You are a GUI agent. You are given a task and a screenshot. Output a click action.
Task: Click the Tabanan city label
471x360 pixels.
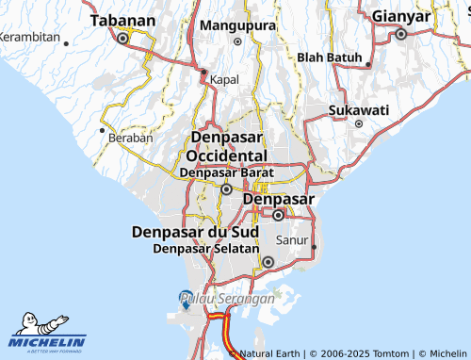pyautogui.click(x=122, y=20)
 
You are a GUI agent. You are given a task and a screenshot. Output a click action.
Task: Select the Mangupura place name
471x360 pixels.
pyautogui.click(x=235, y=26)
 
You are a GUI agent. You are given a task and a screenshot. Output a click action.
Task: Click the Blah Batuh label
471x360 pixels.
pyautogui.click(x=330, y=57)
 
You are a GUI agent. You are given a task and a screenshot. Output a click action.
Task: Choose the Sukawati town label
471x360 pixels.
pyautogui.click(x=359, y=110)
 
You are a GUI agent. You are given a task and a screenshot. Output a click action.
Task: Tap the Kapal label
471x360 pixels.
pyautogui.click(x=225, y=80)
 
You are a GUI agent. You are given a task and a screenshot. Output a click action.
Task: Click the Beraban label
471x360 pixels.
pyautogui.click(x=130, y=138)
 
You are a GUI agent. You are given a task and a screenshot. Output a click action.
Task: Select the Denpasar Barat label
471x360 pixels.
pyautogui.click(x=226, y=172)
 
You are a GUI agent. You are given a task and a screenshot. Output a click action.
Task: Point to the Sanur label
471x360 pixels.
pyautogui.click(x=291, y=239)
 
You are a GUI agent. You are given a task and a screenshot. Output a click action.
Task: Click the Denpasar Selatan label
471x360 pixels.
pyautogui.click(x=205, y=249)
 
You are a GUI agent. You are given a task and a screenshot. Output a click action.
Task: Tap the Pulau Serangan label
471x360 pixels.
pyautogui.click(x=229, y=299)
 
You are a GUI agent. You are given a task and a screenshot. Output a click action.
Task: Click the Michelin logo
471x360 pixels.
pyautogui.click(x=47, y=335)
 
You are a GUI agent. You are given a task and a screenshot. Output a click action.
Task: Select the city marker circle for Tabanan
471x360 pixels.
pyautogui.click(x=122, y=39)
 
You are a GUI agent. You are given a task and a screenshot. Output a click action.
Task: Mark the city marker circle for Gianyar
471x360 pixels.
pyautogui.click(x=400, y=34)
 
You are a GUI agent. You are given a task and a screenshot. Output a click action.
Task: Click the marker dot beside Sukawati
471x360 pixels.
pyautogui.click(x=359, y=123)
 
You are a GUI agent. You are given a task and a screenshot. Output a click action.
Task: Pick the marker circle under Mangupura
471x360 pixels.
pyautogui.click(x=237, y=41)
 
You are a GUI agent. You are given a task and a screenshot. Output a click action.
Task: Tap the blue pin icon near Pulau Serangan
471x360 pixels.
pyautogui.click(x=186, y=295)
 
